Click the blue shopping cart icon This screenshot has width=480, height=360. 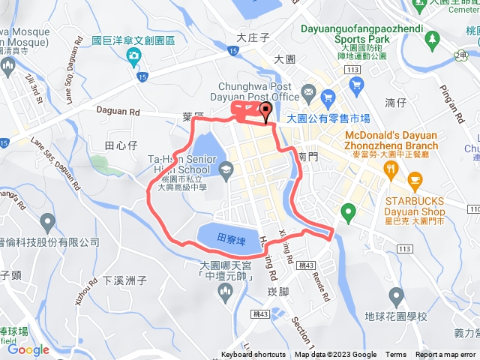[x=328, y=97]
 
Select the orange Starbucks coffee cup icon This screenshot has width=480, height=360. [x=415, y=179]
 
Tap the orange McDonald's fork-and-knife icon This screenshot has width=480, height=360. [x=391, y=169]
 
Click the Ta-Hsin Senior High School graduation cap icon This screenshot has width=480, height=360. [x=226, y=171]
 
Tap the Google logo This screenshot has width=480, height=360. [x=28, y=349]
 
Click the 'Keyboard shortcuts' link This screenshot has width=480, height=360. [x=253, y=355]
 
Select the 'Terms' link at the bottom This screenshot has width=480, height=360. [x=396, y=355]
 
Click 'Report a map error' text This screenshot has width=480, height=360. [x=445, y=355]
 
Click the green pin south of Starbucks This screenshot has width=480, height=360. [x=346, y=212]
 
